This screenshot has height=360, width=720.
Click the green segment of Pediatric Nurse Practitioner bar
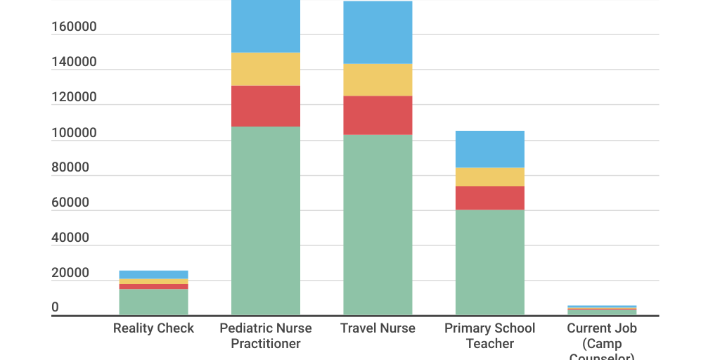[x=266, y=220]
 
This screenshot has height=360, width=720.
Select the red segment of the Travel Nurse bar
[x=378, y=115]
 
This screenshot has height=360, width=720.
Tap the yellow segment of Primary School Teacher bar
[x=489, y=176]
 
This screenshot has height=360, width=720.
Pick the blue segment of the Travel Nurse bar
[x=378, y=32]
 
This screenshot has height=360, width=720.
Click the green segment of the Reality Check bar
[x=153, y=302]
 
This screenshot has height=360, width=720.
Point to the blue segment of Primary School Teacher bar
[x=489, y=149]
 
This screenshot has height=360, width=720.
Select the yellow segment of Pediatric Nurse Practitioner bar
[x=266, y=69]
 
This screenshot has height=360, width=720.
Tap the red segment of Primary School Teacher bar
[x=489, y=198]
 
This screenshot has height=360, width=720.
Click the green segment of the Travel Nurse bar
[x=378, y=224]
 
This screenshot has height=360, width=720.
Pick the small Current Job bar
[x=602, y=310]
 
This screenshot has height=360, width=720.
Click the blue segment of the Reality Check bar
[x=153, y=274]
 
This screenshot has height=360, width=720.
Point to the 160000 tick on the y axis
[x=74, y=27]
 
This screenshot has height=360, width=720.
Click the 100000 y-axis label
[x=74, y=133]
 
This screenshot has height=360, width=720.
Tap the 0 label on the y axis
[x=55, y=308]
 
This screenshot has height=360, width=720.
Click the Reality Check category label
[x=153, y=328]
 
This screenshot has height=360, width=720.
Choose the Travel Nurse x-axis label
[x=378, y=328]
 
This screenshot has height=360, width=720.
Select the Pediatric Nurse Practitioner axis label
[x=266, y=336]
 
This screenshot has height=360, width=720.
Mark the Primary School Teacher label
[x=489, y=336]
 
